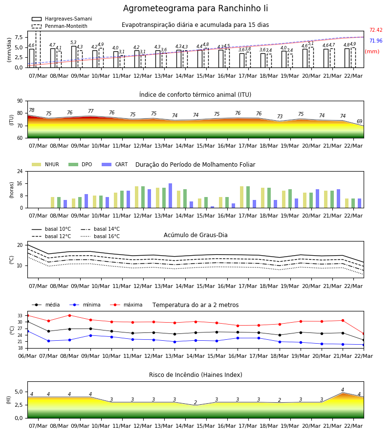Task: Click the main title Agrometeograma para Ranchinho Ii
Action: coord(195,8)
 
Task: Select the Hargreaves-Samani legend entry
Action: coord(62,19)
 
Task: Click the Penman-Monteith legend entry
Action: coord(60,26)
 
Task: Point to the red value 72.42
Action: coord(376,30)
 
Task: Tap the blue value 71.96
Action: coord(376,41)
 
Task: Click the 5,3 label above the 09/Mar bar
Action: coord(73,43)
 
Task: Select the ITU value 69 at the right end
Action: coord(359,121)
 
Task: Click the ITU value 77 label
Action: coord(90,111)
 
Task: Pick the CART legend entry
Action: coord(115,164)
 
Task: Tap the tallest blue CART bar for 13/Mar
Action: coord(170,196)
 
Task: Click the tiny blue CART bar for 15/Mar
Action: coord(212,207)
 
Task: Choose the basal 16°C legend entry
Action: coord(100,236)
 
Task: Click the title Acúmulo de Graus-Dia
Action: coord(195,235)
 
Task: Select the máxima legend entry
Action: coord(126,305)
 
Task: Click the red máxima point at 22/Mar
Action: coord(364,333)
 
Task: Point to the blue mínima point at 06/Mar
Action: coord(27,331)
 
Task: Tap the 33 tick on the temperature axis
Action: coord(20,316)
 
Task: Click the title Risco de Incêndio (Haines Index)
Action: coord(195,374)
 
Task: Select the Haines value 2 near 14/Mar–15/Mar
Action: coord(195,402)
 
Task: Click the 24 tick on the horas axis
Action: coord(20,171)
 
